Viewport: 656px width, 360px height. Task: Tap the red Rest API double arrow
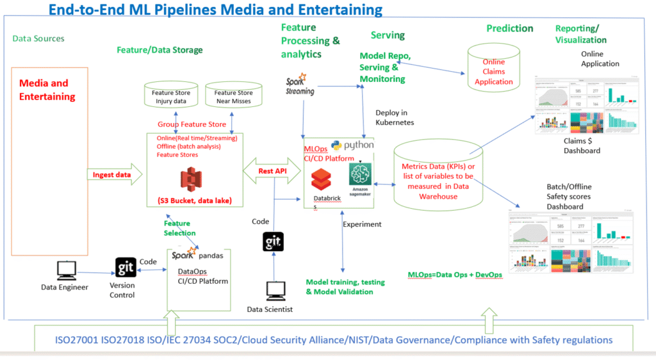coord(272,171)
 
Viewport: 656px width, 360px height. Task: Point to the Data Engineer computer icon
coord(66,270)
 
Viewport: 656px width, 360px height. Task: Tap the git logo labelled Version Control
coord(126,267)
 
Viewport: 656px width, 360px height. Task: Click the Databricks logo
coord(320,180)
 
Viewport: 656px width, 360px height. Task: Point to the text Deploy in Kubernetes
coord(395,117)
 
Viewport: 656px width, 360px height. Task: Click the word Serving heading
coord(388,35)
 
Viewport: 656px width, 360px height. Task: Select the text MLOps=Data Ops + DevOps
coord(455,274)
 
